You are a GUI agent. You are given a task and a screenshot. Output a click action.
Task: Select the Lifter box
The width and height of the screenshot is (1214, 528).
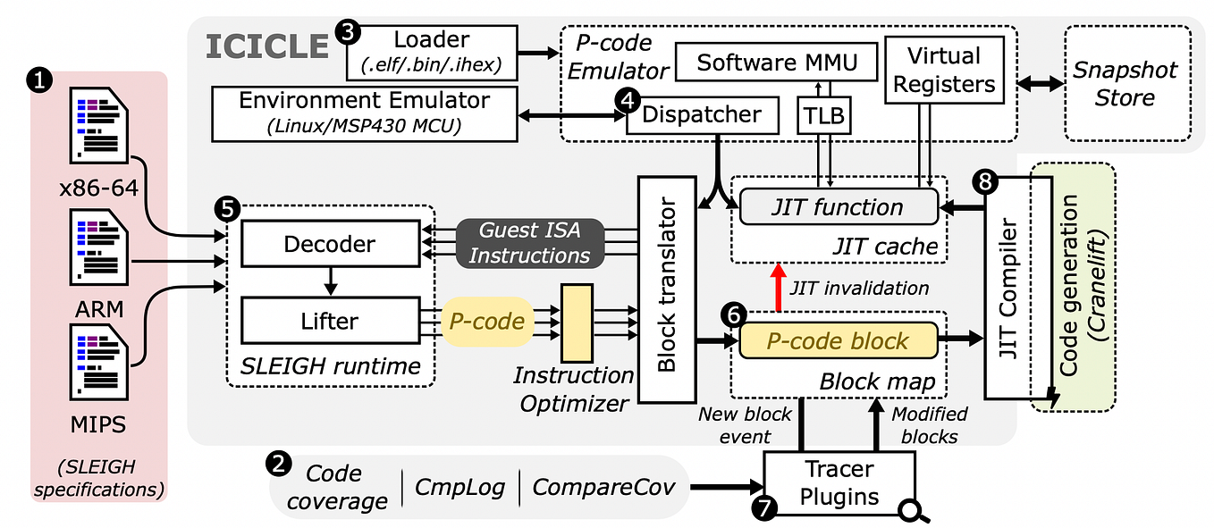coord(330,321)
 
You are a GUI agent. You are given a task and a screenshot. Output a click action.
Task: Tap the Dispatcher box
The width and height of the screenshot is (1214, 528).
coord(702,115)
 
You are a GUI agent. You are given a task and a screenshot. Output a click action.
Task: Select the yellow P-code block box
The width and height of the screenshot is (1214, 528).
coord(837,340)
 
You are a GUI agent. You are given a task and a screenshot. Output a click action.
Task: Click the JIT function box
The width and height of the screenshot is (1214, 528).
coord(837,207)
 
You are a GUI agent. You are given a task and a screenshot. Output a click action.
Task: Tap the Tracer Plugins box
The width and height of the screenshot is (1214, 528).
coord(839,483)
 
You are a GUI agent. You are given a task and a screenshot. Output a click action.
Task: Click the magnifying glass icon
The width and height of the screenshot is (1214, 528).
coord(912,510)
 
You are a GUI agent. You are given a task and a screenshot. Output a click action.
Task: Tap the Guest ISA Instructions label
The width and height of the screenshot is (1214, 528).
coord(530,242)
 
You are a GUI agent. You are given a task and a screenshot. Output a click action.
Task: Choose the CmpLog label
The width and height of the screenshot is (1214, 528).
coord(460,487)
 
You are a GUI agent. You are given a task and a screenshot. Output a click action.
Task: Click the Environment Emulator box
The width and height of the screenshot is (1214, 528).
coord(365,113)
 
